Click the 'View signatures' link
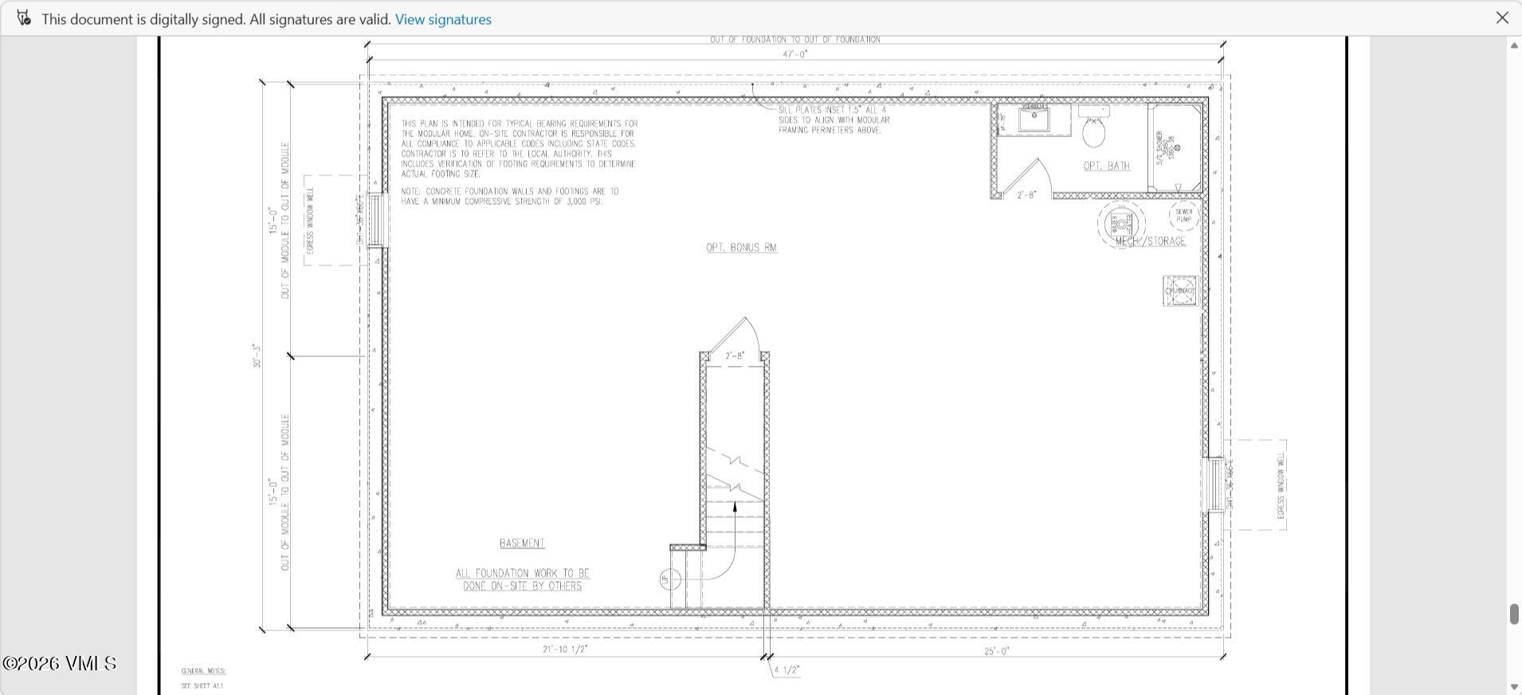click(x=443, y=19)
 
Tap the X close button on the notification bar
click(x=1502, y=18)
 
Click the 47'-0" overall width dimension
click(x=794, y=54)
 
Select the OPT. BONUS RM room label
click(x=741, y=248)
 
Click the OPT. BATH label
click(x=1107, y=166)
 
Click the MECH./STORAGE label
click(x=1151, y=241)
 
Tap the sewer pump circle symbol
click(x=1183, y=216)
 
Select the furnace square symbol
click(x=1180, y=291)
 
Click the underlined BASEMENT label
click(x=522, y=544)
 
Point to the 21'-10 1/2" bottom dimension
click(x=565, y=650)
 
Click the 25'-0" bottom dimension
click(x=996, y=651)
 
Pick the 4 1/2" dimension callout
click(x=786, y=670)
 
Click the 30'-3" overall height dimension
click(x=257, y=355)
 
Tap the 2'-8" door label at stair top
click(x=734, y=355)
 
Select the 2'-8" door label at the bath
click(x=1026, y=194)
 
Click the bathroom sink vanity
click(x=1034, y=119)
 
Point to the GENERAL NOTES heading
click(x=203, y=671)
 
